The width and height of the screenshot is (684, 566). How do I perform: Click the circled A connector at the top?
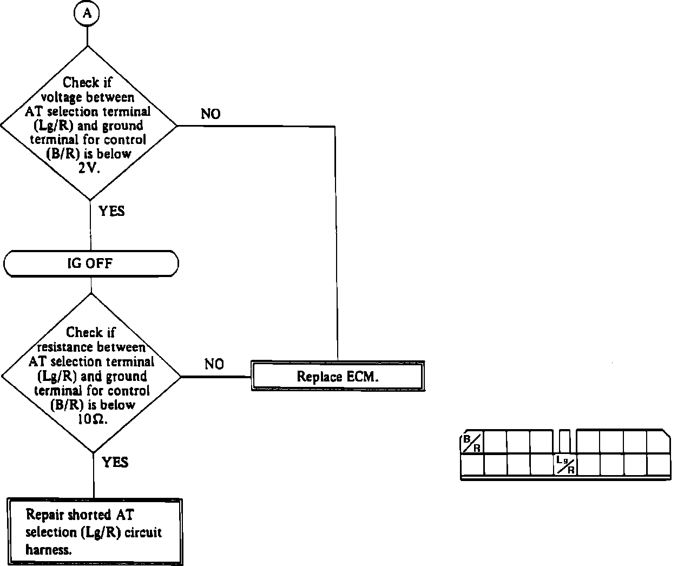coord(87,14)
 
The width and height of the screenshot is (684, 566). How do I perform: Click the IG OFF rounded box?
coord(90,264)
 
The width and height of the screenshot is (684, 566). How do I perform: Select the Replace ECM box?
coord(337,377)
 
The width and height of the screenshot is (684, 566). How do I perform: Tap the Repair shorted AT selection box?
coord(95,532)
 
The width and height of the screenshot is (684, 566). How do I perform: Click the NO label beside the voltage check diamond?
coord(211,114)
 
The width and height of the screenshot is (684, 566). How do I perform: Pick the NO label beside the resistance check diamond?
coord(214,364)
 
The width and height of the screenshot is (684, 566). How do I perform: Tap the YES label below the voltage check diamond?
coord(111,211)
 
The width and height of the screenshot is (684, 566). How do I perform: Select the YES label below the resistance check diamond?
coord(115,462)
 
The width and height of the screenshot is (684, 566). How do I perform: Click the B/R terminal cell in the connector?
coord(472,443)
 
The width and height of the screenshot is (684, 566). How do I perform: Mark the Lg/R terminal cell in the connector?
coord(565,465)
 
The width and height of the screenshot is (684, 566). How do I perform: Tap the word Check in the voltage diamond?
coord(81,83)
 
